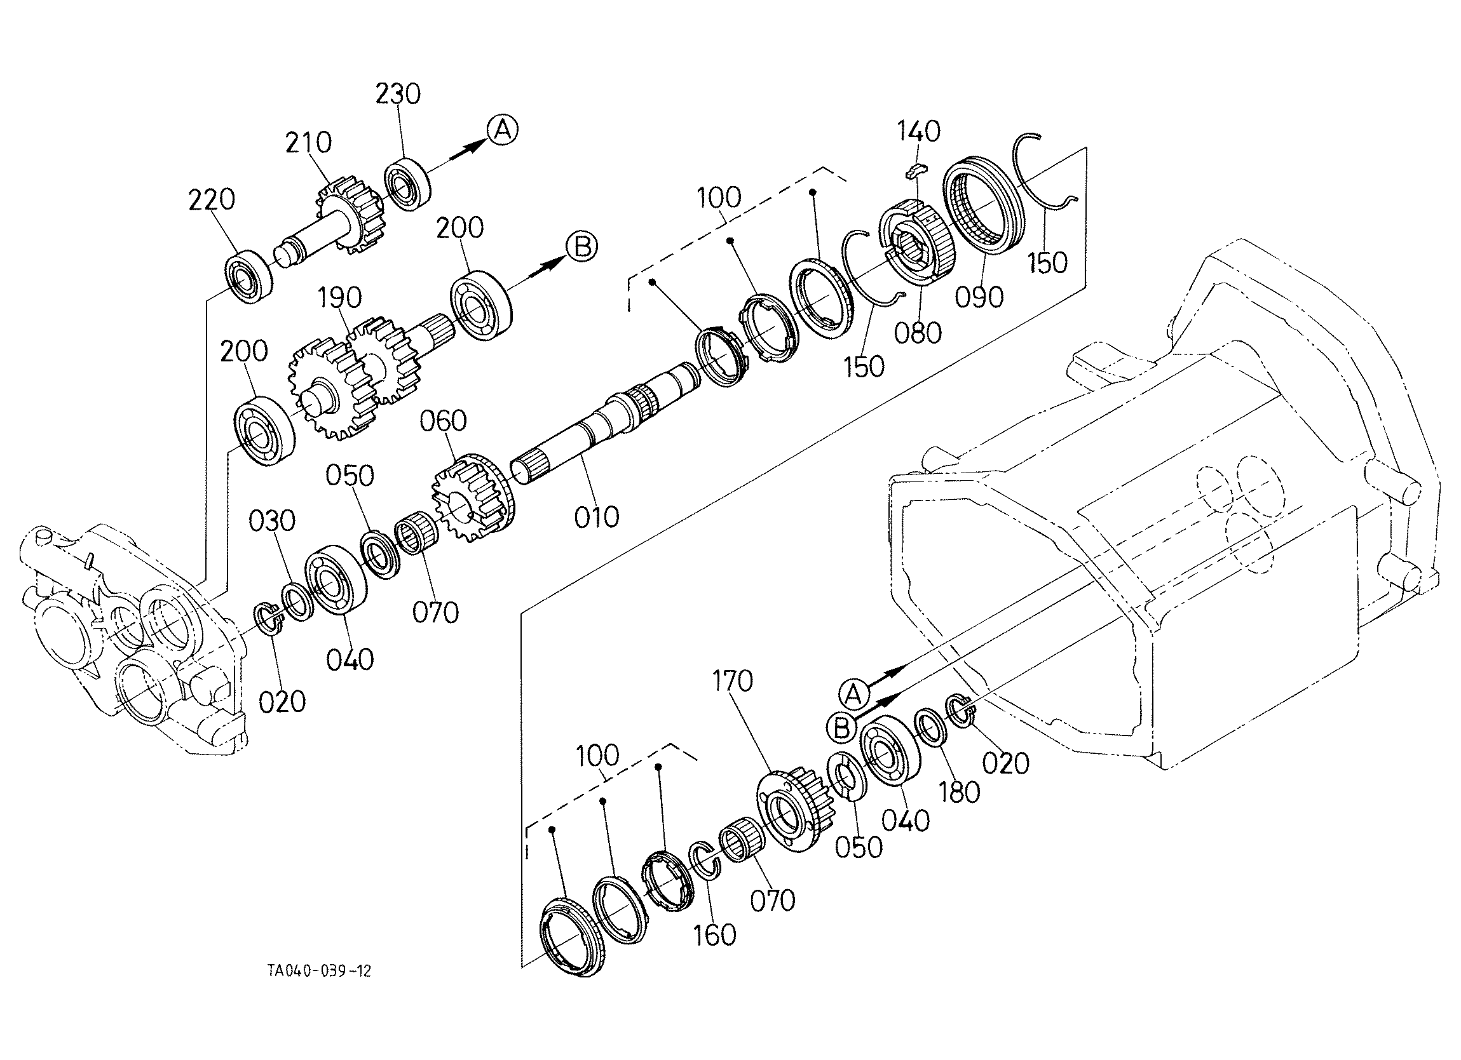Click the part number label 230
coord(398,94)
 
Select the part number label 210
coord(309,142)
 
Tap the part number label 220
coord(211,200)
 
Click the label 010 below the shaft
coord(597,517)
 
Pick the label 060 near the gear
coord(442,421)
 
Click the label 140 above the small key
coord(918,131)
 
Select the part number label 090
coord(979,297)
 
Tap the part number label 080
coord(917,333)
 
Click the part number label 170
coord(733,681)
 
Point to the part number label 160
coord(715,935)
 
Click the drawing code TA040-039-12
coord(320,971)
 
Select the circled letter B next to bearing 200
coord(581,247)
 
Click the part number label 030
coord(273,520)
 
